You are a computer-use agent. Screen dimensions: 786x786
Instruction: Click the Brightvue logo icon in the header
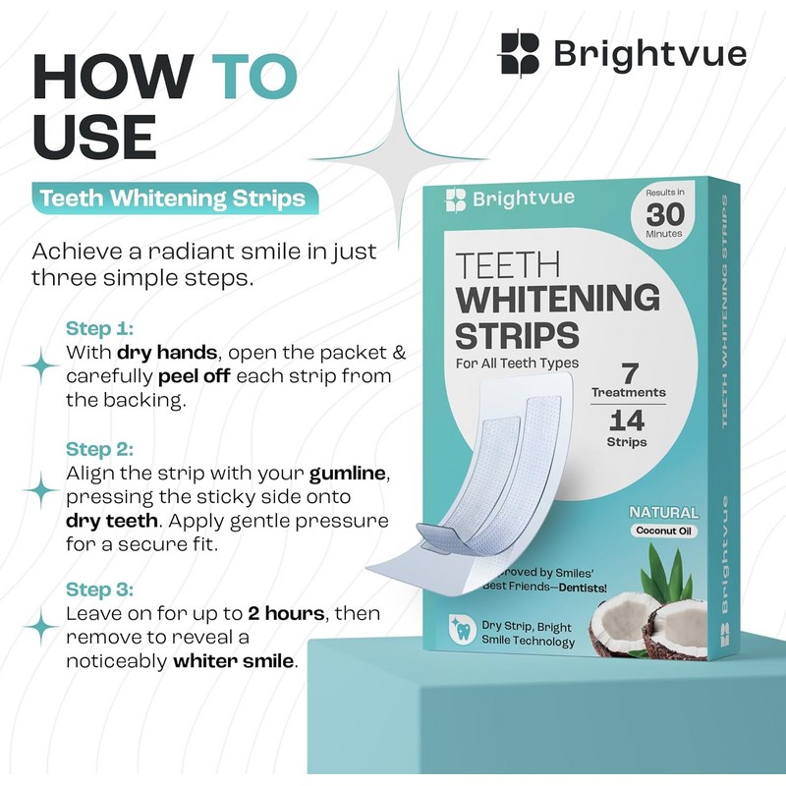point(521,53)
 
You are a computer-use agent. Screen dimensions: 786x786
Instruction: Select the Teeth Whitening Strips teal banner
point(172,198)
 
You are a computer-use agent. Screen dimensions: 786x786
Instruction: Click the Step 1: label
point(99,328)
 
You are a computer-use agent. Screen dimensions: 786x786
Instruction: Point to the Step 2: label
point(100,449)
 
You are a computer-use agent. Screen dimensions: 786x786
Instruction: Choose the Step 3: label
point(100,589)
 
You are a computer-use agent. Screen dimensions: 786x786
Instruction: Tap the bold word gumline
point(347,473)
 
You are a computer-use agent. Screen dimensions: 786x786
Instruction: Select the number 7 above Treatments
point(629,373)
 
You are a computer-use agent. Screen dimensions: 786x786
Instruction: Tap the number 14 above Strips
point(628,422)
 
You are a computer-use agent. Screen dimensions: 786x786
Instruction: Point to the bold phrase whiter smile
point(234,660)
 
